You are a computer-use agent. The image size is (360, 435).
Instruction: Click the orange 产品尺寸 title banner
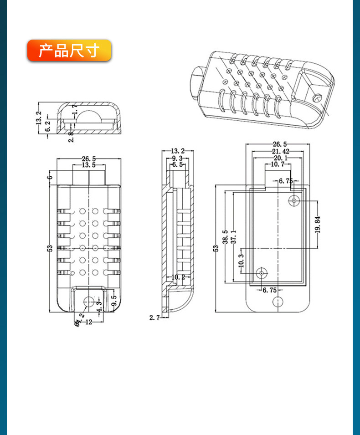click(x=69, y=50)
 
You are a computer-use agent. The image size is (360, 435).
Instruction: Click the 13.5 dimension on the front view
click(x=89, y=165)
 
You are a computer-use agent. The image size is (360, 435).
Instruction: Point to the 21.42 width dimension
click(x=280, y=151)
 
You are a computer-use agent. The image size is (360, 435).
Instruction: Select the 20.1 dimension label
click(x=280, y=158)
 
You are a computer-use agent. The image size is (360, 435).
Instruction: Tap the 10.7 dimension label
click(x=278, y=164)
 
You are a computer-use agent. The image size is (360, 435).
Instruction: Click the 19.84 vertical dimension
click(x=318, y=225)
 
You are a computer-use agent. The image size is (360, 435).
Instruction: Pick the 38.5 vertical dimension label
click(x=225, y=237)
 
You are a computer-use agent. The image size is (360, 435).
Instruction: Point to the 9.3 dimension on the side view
click(x=177, y=158)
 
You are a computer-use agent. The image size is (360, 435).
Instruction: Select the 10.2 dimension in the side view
click(x=178, y=277)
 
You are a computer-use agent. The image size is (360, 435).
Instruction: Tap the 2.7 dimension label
click(x=154, y=317)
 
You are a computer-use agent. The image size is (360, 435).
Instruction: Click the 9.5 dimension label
click(x=114, y=301)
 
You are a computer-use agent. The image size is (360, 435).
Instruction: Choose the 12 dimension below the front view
click(x=88, y=322)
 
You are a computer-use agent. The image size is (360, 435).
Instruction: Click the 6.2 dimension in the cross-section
click(x=48, y=126)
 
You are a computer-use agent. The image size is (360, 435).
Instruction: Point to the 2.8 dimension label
click(x=72, y=137)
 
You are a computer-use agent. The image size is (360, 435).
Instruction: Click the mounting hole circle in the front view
click(x=89, y=302)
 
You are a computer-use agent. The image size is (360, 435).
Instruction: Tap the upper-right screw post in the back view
click(x=294, y=200)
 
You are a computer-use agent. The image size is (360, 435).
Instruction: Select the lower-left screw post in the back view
click(x=262, y=273)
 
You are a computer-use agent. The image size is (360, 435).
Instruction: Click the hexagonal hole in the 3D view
click(x=317, y=97)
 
